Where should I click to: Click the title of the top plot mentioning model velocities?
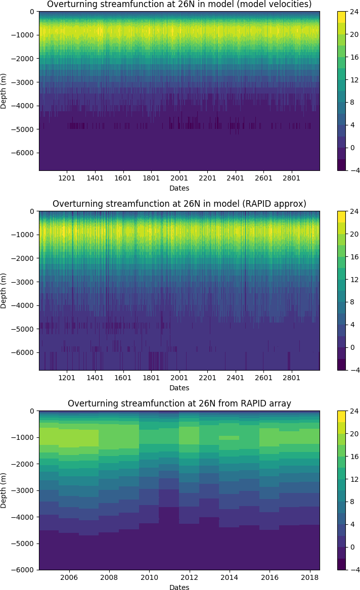coord(179,5)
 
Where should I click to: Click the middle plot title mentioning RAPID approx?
coord(179,204)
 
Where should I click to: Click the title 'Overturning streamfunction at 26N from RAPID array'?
coord(179,403)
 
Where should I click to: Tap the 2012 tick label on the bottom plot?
coord(189,578)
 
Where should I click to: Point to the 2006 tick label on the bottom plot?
coord(69,578)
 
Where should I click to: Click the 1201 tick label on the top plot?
coord(67,178)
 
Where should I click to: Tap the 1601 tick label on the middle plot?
coord(123,378)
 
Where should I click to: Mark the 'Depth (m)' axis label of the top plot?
coord(4,91)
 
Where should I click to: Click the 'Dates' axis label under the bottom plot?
coord(179,587)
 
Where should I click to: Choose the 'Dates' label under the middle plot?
coord(179,388)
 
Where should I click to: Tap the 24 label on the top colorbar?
coord(355,12)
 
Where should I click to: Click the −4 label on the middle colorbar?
coord(355,371)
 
